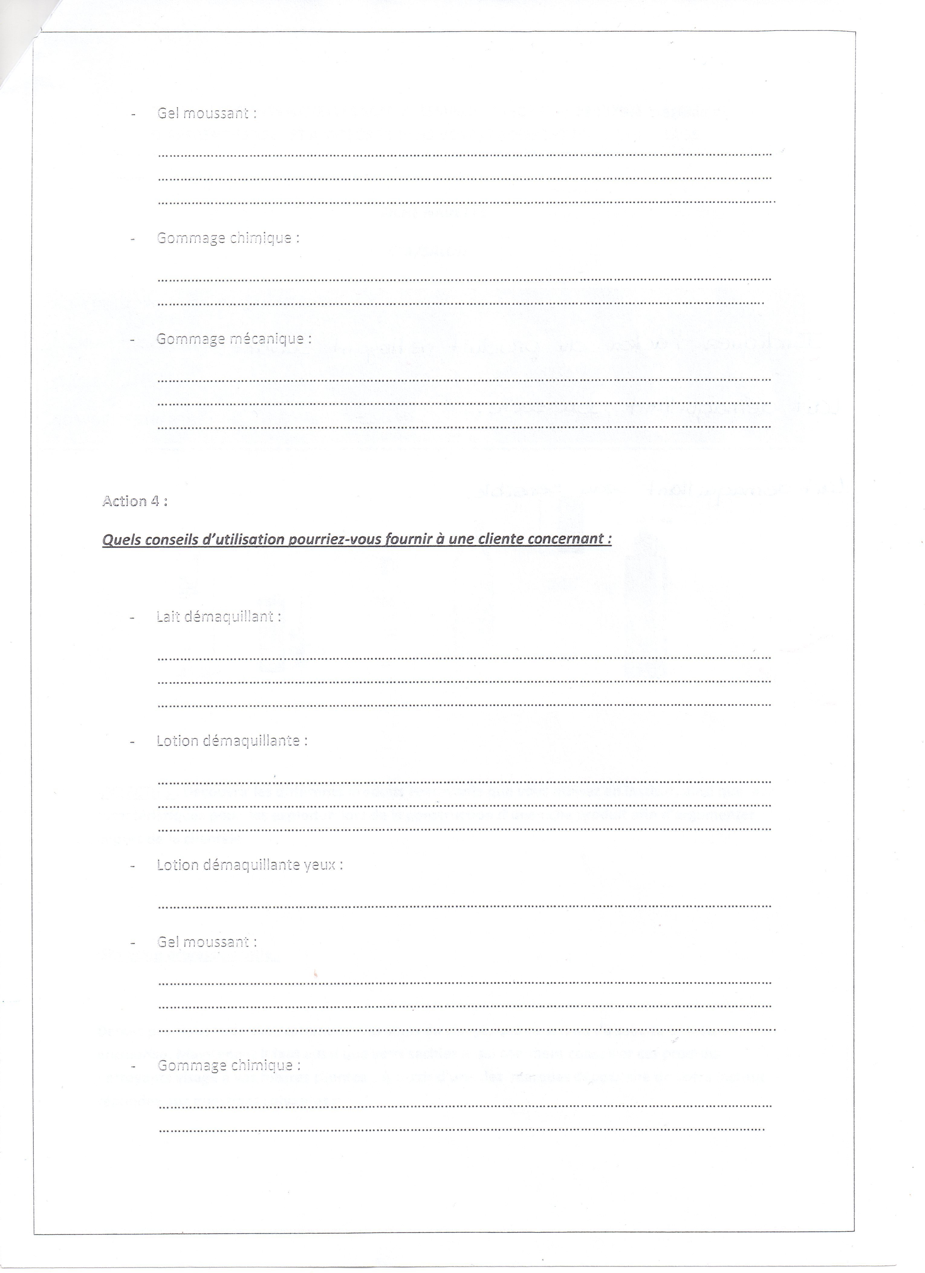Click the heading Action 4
[x=135, y=501]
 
